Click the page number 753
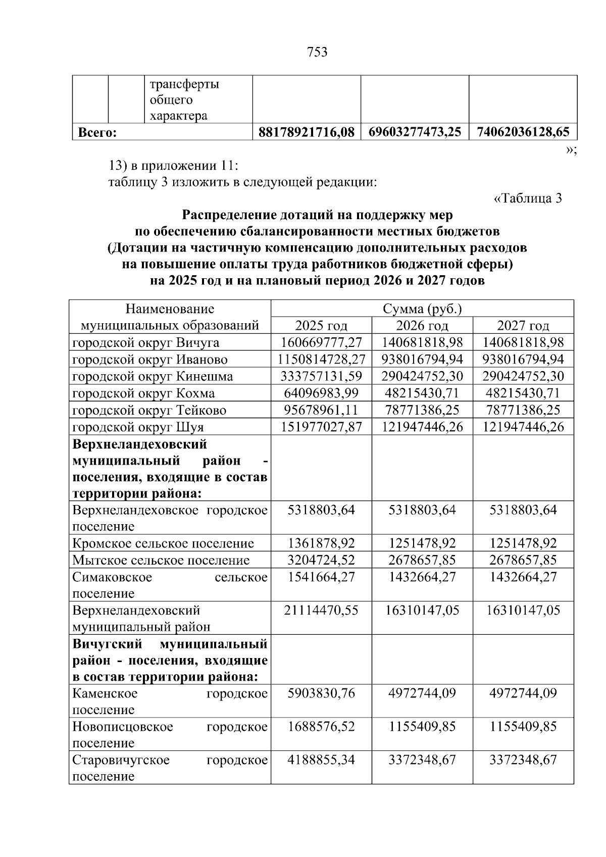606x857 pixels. pyautogui.click(x=317, y=52)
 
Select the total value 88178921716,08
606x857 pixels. pyautogui.click(x=306, y=132)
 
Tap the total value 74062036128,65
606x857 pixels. pyautogui.click(x=523, y=132)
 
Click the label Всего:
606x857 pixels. pyautogui.click(x=97, y=133)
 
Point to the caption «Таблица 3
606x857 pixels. pyautogui.click(x=527, y=198)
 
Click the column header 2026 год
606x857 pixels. pyautogui.click(x=422, y=325)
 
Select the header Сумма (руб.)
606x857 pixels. pyautogui.click(x=422, y=309)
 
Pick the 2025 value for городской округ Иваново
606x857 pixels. pyautogui.click(x=321, y=360)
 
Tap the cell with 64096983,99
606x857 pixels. pyautogui.click(x=321, y=393)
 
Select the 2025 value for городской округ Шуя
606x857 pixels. pyautogui.click(x=321, y=427)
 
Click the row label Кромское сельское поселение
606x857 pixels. pyautogui.click(x=163, y=543)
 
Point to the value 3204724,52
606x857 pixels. pyautogui.click(x=321, y=560)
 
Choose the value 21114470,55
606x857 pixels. pyautogui.click(x=321, y=611)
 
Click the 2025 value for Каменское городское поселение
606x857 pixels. pyautogui.click(x=321, y=693)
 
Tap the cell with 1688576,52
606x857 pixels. pyautogui.click(x=321, y=727)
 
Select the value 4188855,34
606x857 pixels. pyautogui.click(x=321, y=760)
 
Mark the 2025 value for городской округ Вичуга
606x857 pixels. pyautogui.click(x=321, y=343)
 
